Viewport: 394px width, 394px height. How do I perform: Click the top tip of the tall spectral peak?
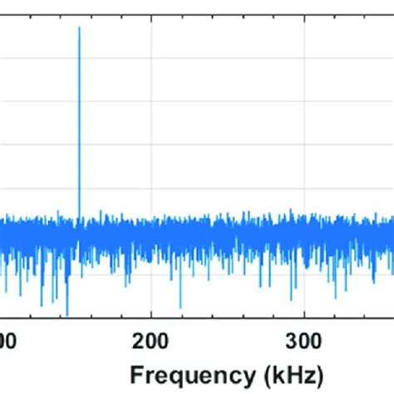click(79, 28)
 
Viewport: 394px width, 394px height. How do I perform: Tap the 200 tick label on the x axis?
click(150, 340)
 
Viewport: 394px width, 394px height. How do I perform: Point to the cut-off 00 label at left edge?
click(6, 340)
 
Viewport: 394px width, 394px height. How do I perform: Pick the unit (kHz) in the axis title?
click(290, 369)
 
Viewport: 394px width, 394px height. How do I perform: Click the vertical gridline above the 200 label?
click(150, 125)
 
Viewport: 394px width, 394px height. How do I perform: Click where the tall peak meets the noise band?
click(79, 214)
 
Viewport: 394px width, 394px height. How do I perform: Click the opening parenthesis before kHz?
click(261, 369)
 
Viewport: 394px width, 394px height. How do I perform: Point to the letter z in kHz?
click(309, 370)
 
